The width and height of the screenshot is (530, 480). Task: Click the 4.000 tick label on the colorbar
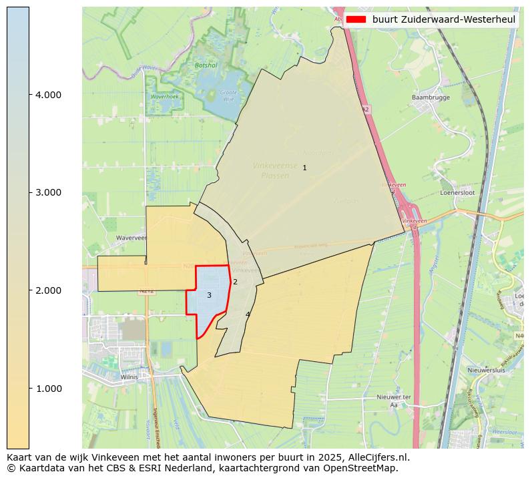click(48, 95)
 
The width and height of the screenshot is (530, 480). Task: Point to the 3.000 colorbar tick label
click(48, 193)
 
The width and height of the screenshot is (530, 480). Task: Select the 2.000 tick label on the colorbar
click(48, 290)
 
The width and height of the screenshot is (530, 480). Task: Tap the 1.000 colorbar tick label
click(48, 389)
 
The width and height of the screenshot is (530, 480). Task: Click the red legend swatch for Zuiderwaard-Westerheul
click(356, 19)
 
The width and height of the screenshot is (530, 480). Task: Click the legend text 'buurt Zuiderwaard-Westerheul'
click(444, 19)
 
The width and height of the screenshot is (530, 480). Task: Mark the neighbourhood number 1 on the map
click(304, 168)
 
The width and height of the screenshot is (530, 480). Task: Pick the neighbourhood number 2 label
click(235, 282)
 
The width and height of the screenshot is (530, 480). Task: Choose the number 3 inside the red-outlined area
click(209, 295)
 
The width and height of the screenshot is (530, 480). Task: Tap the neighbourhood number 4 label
click(248, 314)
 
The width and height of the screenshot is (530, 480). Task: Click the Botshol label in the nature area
click(202, 65)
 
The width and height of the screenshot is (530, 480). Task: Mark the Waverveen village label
click(112, 238)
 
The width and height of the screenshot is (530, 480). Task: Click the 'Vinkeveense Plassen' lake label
click(275, 170)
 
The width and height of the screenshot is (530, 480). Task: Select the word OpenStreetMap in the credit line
click(363, 468)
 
